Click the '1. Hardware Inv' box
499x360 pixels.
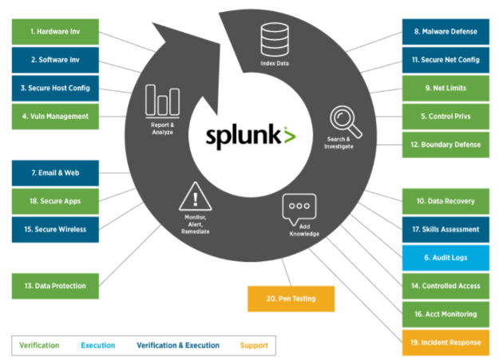pyautogui.click(x=55, y=32)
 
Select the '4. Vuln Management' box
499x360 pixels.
pyautogui.click(x=55, y=116)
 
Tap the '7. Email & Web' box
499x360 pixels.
pyautogui.click(x=55, y=172)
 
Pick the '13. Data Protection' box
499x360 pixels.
pyautogui.click(x=55, y=285)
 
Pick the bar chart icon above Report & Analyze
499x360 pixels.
pyautogui.click(x=162, y=101)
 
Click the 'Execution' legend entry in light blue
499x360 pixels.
pyautogui.click(x=97, y=346)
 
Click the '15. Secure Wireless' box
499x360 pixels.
pyautogui.click(x=55, y=229)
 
